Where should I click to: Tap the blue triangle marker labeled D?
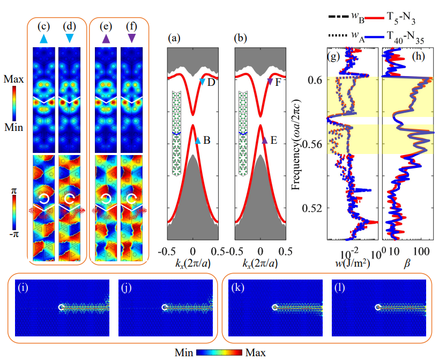point(202,81)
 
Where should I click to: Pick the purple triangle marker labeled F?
point(270,81)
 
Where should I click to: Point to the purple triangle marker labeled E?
point(264,141)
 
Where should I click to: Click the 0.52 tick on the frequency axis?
point(313,208)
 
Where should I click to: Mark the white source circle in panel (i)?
point(62,307)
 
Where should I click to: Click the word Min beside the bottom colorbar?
point(185,353)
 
